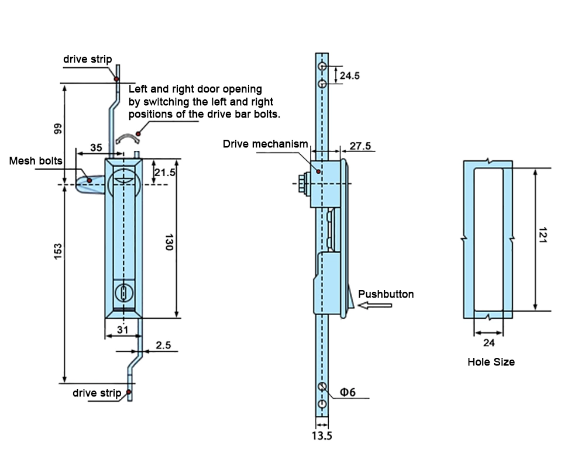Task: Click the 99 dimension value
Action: [57, 129]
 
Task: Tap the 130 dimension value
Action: [168, 243]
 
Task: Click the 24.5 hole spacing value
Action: [349, 75]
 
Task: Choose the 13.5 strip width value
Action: [322, 435]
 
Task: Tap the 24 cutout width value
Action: [488, 343]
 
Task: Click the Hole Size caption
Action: [491, 362]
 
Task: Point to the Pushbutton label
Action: [386, 294]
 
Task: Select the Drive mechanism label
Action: [264, 144]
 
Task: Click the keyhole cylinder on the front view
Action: [123, 291]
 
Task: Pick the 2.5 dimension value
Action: [163, 346]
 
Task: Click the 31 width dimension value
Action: [122, 330]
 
